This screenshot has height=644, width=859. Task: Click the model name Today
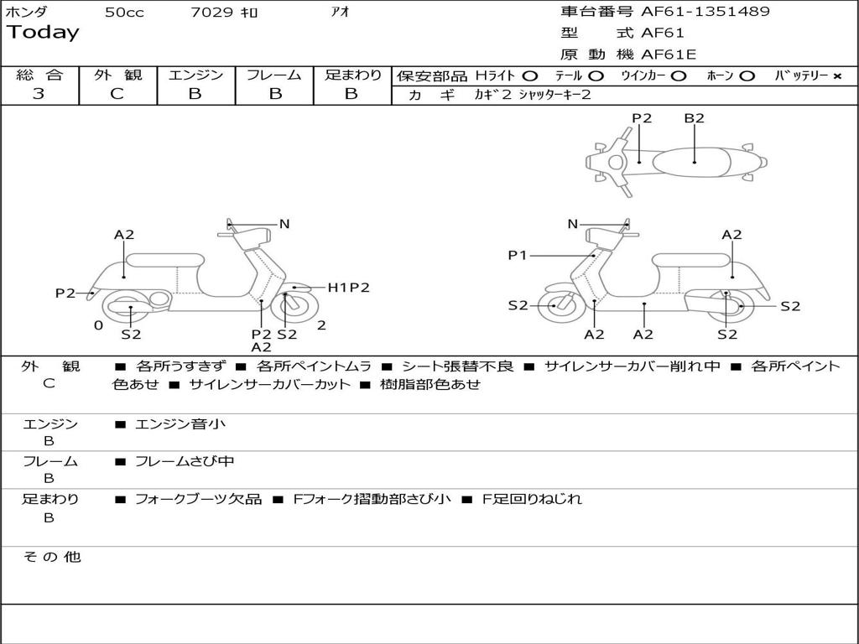coord(43,33)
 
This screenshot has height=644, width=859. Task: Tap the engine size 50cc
coord(124,13)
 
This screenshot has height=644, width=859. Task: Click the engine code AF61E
coord(669,55)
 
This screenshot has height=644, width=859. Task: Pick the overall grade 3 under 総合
coord(39,94)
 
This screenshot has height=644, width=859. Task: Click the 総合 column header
coord(39,75)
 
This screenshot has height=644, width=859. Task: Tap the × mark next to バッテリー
coord(836,76)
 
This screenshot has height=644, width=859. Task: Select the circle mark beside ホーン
coord(747,76)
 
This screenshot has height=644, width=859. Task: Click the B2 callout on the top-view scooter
coord(694,118)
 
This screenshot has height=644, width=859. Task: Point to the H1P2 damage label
coord(348,288)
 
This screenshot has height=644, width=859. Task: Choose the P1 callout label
coord(518,255)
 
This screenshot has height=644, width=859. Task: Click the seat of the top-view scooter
coord(695,161)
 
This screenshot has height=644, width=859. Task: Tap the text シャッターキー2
coord(554,95)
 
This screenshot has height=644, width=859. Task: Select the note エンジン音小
coord(180,424)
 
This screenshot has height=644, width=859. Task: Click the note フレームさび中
coord(185,461)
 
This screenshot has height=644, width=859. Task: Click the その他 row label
coord(51,557)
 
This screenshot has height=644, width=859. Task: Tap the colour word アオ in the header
coord(341,13)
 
